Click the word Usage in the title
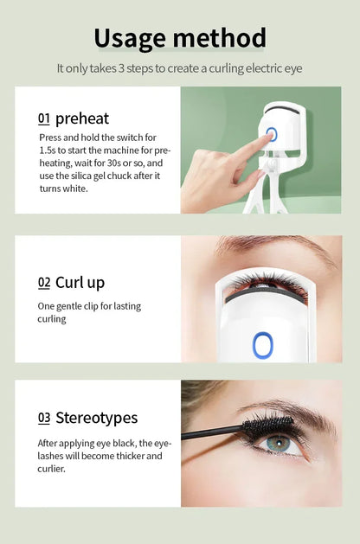click(x=130, y=38)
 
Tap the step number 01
click(x=43, y=118)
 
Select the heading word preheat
click(x=82, y=118)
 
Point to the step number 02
click(x=43, y=282)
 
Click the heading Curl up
click(x=80, y=282)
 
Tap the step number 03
click(x=43, y=418)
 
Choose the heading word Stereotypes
click(x=96, y=418)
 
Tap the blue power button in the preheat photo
click(x=271, y=134)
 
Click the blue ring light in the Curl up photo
click(x=263, y=345)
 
